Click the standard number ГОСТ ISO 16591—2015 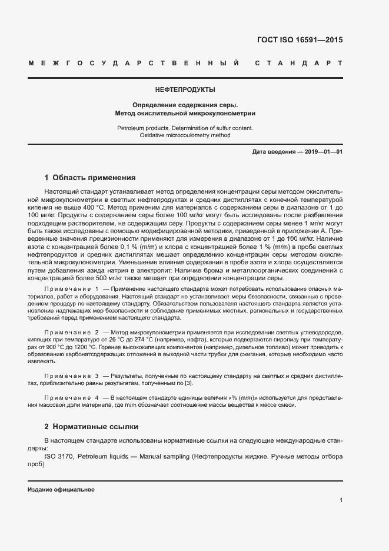[x=300, y=41]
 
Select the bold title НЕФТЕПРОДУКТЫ [x=185, y=90]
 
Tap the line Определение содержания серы [x=185, y=104]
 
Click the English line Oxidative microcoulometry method [x=185, y=135]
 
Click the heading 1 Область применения [x=90, y=177]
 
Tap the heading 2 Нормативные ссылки [x=91, y=426]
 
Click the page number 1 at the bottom [x=341, y=500]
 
